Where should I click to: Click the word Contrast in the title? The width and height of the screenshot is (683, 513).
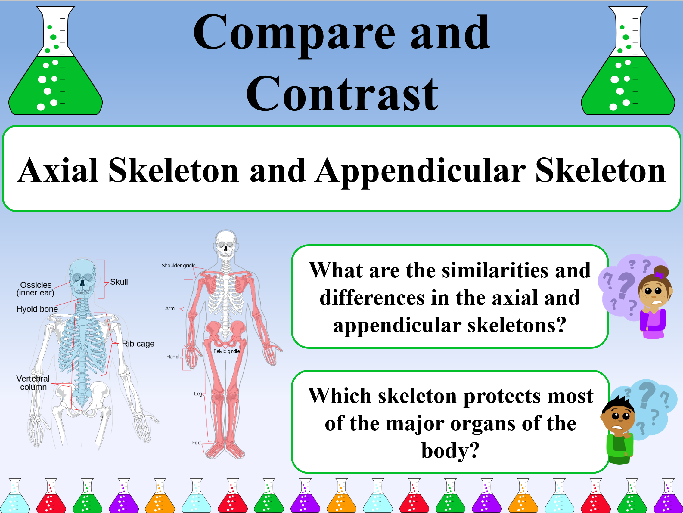342,94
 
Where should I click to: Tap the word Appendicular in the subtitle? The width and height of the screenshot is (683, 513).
420,172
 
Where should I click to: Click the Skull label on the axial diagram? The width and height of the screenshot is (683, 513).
119,282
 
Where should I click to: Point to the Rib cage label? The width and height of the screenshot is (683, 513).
138,344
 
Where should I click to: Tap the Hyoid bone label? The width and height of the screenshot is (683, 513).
37,309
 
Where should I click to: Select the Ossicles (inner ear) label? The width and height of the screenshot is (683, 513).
36,289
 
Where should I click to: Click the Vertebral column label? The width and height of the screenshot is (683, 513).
33,383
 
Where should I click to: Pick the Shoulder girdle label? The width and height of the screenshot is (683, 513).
179,265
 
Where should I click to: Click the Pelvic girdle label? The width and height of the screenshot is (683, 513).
227,351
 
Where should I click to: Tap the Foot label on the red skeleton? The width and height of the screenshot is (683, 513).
197,443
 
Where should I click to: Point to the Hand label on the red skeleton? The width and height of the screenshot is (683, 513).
172,357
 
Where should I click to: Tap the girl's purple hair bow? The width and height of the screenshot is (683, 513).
659,275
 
